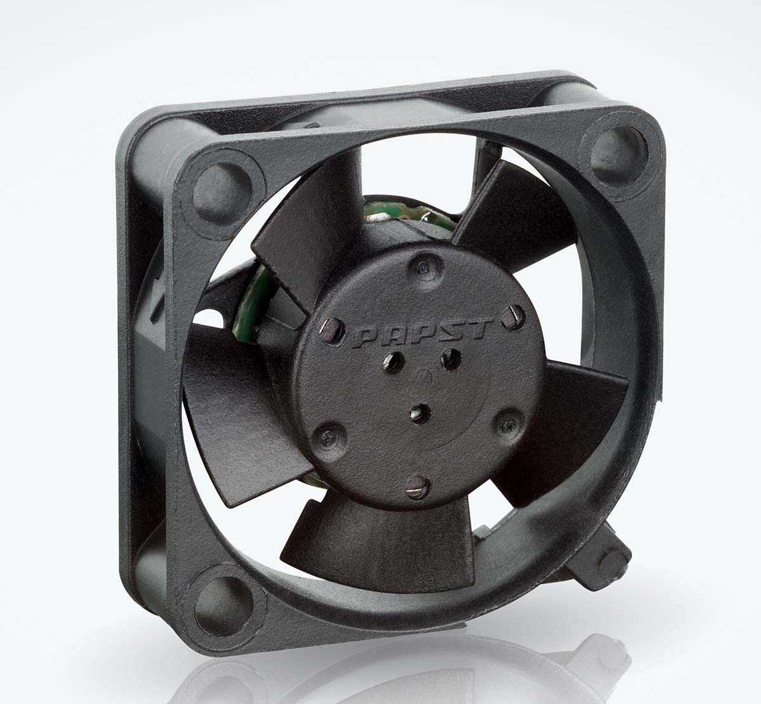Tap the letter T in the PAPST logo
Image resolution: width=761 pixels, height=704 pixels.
point(477,329)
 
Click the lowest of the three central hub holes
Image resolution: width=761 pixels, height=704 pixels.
point(419,414)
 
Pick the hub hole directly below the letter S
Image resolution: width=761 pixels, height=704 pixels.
point(452,359)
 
